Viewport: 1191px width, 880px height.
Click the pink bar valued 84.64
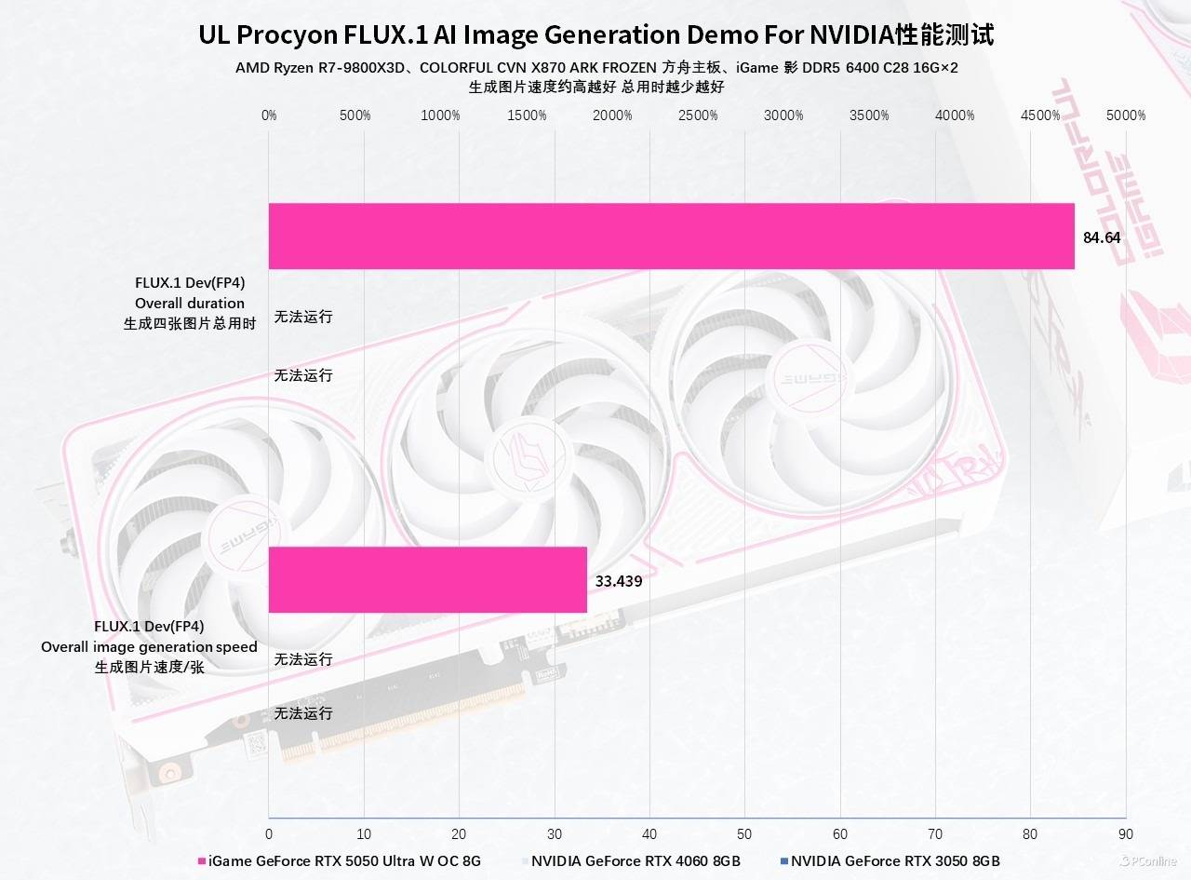tap(671, 237)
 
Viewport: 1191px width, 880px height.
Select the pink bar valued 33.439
tap(428, 579)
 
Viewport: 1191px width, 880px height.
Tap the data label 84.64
tap(1102, 237)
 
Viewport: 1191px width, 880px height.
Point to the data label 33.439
tap(619, 581)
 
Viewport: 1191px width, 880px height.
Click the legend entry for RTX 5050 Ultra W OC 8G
tap(344, 860)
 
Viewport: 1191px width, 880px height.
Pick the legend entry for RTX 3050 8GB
tap(895, 860)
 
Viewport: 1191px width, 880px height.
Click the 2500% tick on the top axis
tap(698, 115)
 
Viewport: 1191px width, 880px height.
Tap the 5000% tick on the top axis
tap(1126, 115)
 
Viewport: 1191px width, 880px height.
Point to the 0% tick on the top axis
tap(269, 115)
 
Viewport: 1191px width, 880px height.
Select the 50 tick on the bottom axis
tap(744, 833)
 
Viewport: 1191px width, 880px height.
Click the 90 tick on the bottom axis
tap(1126, 833)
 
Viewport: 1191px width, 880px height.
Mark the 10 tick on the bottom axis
tap(364, 833)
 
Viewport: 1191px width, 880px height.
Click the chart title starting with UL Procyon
tap(596, 35)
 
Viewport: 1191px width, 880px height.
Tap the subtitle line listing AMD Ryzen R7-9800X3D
tap(596, 68)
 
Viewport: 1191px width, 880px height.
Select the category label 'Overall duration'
tap(190, 303)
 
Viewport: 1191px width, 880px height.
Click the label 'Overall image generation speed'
tap(149, 646)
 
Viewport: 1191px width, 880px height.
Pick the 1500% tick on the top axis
tap(527, 115)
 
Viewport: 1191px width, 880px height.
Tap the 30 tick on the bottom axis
tap(555, 833)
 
